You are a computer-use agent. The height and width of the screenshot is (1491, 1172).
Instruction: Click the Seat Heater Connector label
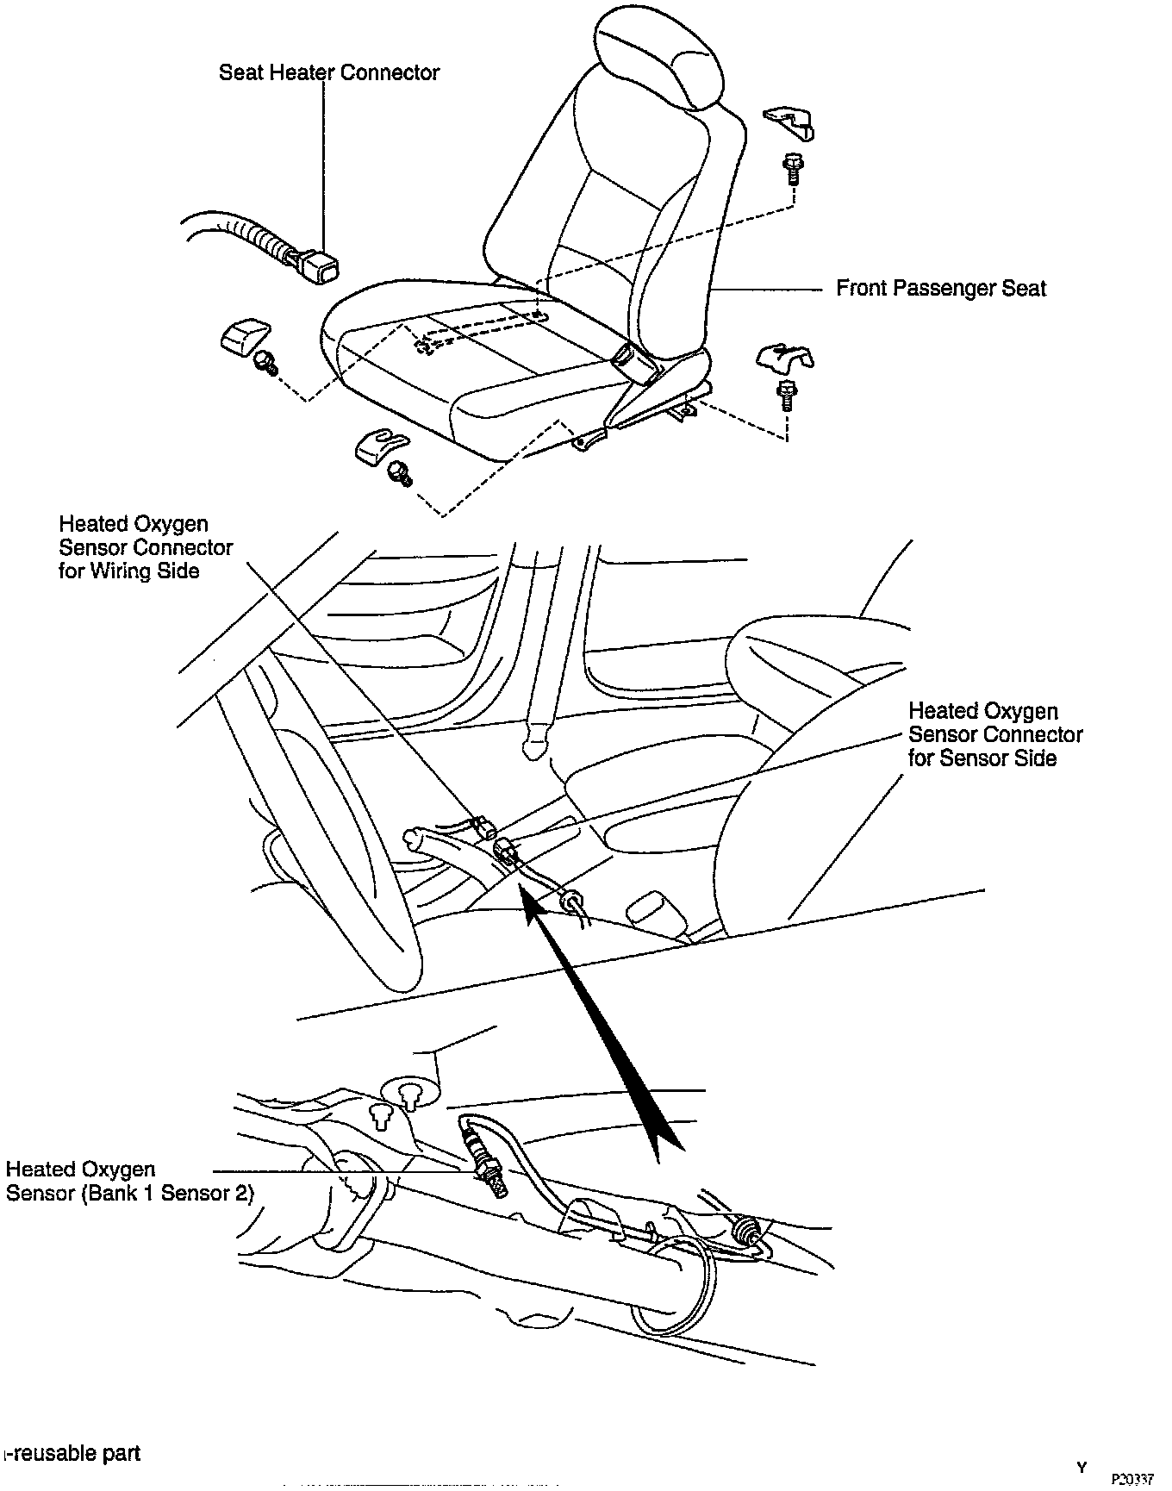(328, 72)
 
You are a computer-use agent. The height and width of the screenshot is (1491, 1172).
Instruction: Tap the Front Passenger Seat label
(940, 288)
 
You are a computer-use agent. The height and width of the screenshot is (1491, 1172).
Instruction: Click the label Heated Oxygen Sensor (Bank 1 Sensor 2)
(129, 1182)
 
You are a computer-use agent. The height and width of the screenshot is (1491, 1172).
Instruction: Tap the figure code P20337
(1131, 1480)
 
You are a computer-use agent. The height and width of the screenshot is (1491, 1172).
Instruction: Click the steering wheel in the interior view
(319, 819)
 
